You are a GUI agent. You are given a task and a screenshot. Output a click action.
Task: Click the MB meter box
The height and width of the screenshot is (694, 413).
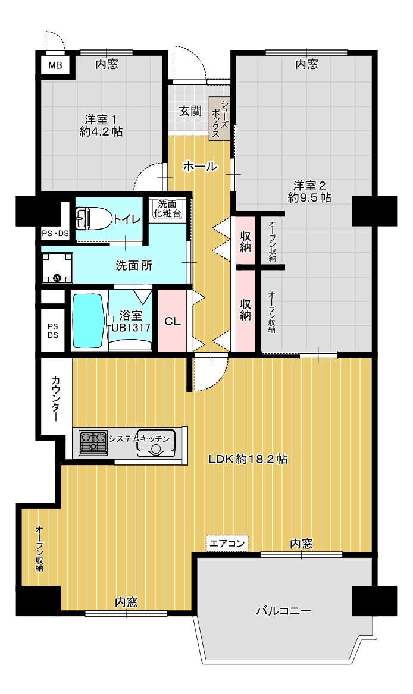click(x=55, y=66)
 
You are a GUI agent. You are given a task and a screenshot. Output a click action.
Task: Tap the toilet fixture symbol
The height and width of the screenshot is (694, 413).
click(x=92, y=219)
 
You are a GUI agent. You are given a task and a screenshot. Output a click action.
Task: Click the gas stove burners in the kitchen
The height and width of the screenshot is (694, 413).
click(x=93, y=442)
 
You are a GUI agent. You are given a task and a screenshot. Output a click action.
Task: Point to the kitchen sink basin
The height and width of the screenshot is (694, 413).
click(x=155, y=443)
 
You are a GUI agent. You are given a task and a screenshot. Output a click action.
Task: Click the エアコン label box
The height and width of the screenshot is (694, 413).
click(x=227, y=543)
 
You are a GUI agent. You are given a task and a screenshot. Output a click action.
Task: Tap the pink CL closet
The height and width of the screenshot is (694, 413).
click(x=173, y=321)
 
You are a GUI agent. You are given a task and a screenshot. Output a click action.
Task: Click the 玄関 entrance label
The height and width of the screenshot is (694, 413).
click(x=190, y=111)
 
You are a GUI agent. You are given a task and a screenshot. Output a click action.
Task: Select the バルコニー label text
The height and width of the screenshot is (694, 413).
click(x=284, y=611)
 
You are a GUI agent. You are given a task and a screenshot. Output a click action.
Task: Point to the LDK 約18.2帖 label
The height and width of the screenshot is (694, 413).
click(x=248, y=459)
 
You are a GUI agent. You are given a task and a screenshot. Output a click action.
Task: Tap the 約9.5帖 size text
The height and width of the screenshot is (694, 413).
click(x=309, y=197)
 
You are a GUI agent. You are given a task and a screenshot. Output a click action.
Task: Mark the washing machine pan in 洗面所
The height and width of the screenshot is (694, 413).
click(x=57, y=268)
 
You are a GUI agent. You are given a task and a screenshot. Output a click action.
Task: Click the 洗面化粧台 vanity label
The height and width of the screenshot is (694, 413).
click(x=167, y=209)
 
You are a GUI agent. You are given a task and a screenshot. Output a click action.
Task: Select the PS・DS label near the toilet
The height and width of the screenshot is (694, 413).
click(x=55, y=233)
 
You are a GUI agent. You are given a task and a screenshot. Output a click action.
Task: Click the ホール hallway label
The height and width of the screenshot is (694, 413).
click(x=200, y=167)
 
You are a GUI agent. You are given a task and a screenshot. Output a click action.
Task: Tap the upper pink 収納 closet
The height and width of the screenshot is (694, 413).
click(x=246, y=241)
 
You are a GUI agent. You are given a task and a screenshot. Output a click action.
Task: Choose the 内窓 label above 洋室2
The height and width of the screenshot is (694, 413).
click(x=306, y=65)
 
